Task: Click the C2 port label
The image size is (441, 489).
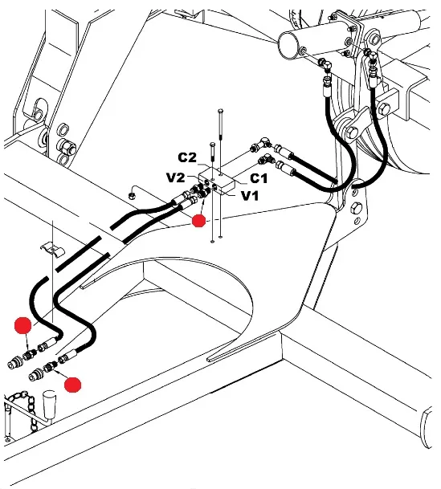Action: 187,157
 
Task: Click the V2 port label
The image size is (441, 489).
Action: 176,177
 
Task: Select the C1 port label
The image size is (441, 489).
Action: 259,178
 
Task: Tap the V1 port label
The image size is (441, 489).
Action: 250,196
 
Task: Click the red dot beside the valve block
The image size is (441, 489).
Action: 198,221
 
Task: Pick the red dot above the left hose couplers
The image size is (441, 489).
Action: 22,325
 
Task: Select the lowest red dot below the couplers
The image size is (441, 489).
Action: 72,385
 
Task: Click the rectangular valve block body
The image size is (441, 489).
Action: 217,181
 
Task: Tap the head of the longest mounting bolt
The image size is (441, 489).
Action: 220,111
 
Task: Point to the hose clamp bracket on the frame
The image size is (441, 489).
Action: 52,249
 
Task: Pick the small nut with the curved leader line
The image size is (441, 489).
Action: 132,196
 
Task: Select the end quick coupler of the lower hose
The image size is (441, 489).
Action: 36,375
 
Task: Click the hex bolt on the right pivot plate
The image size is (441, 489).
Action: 357,207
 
